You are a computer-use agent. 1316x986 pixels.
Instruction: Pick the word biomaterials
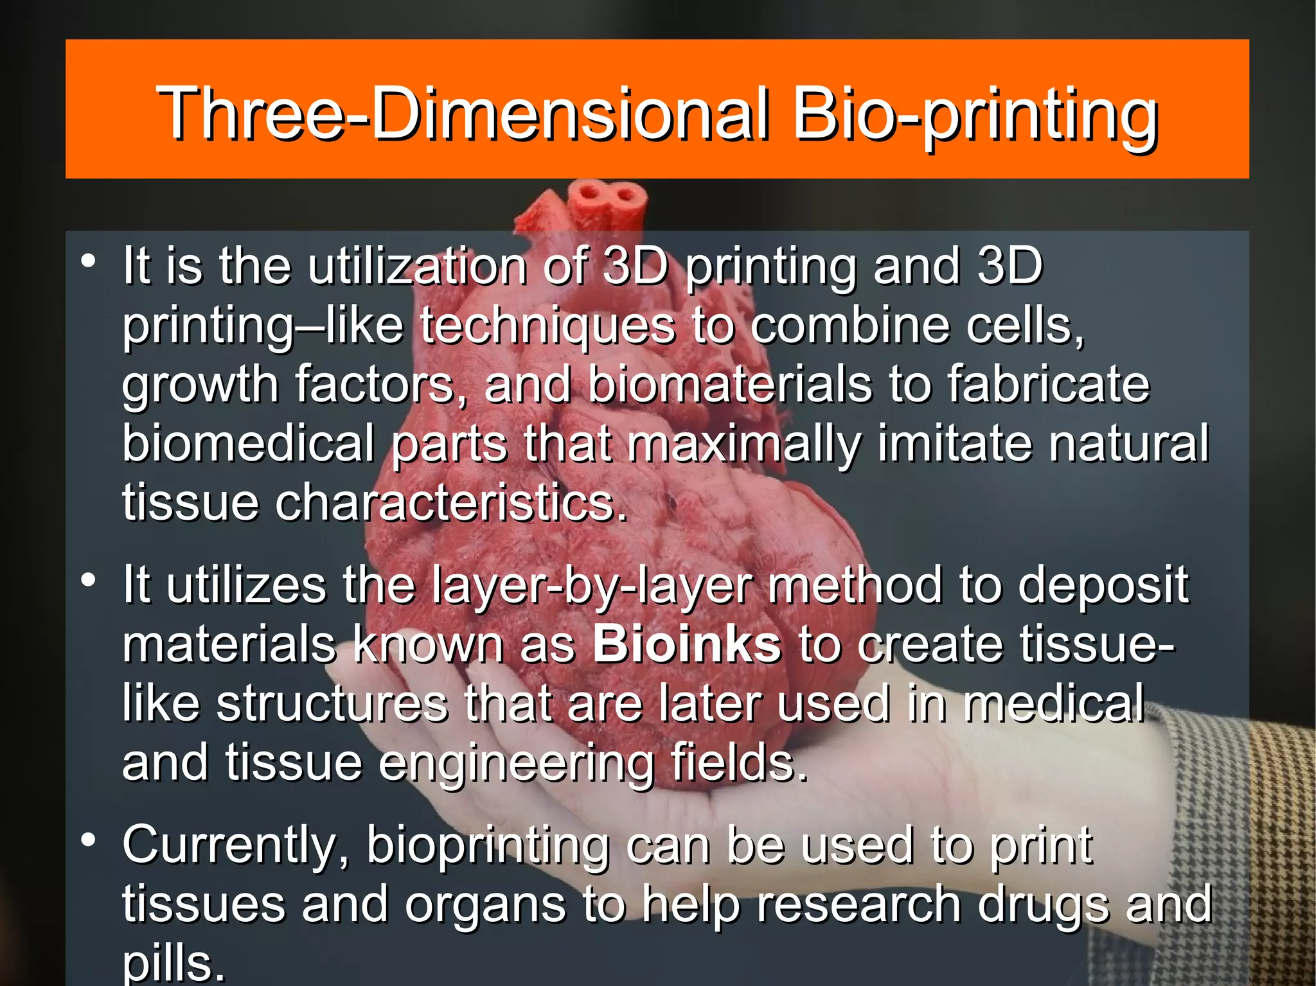click(729, 385)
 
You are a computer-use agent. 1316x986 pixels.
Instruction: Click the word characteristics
click(450, 503)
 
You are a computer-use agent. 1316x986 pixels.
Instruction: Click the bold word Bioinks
click(686, 644)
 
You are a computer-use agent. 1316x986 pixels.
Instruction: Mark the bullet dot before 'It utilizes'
click(89, 580)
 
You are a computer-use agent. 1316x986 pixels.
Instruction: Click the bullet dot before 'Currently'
click(89, 840)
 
